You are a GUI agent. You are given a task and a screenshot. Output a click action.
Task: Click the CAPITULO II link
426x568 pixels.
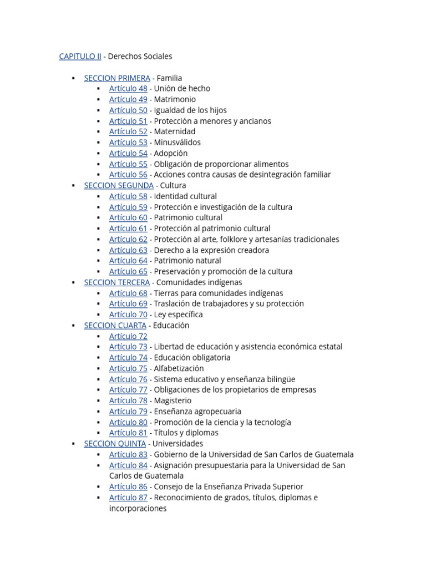[80, 56]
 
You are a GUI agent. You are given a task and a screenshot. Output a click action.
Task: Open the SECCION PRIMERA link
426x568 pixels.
[116, 78]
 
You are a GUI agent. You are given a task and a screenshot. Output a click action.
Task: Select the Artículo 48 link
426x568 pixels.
[128, 88]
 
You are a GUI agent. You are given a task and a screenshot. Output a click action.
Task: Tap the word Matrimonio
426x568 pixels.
[175, 99]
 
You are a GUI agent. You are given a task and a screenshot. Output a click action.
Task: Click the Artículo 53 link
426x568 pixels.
[128, 143]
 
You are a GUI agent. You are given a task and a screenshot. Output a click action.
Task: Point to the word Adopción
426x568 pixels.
[171, 153]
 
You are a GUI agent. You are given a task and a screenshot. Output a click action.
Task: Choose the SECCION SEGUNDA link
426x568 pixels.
[119, 185]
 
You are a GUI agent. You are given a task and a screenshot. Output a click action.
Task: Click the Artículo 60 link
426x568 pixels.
[128, 217]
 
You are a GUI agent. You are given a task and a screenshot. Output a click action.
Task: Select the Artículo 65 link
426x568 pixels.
[128, 271]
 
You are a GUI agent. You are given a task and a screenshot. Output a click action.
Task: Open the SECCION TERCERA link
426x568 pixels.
[116, 282]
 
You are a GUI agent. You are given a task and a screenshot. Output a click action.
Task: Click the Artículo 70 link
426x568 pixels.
[128, 315]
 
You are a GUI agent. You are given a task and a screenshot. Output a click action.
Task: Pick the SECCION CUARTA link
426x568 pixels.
[115, 325]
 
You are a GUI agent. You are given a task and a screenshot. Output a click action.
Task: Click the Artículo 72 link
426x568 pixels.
[128, 336]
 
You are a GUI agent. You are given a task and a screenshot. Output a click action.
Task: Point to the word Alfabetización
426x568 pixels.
[179, 368]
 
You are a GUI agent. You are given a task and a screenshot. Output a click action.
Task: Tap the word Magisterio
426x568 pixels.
[173, 400]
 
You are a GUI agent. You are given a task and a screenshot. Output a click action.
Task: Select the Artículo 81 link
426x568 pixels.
[128, 433]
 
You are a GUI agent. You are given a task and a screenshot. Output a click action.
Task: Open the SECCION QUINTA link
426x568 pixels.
[115, 444]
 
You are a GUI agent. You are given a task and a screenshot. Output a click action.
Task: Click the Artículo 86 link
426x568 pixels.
[128, 486]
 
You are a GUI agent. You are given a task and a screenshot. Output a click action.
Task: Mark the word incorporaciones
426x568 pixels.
[138, 508]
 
